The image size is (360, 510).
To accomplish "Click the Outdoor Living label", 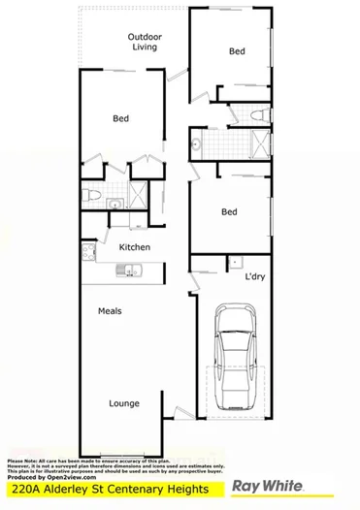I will coord(145,42).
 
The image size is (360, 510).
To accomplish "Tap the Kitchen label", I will coord(134,247).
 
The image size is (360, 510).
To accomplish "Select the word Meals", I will coord(109,312).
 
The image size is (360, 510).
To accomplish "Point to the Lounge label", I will coord(123,403).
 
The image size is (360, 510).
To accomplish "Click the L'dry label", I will coord(255,278).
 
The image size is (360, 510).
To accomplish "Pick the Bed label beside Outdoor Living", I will coord(237,50).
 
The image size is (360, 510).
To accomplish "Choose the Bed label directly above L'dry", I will coord(229,211).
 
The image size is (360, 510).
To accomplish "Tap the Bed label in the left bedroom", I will coord(120,119).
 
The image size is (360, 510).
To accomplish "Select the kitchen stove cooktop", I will coord(88,255).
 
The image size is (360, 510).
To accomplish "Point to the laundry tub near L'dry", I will coord(234,262).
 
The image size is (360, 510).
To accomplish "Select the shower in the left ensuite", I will coord(138,195).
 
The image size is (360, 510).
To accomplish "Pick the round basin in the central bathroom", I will coord(196,146).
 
